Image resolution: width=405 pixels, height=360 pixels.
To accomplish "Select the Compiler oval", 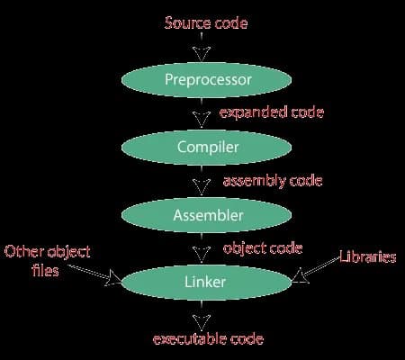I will [x=202, y=147].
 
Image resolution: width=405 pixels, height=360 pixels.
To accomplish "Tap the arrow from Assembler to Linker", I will [x=202, y=249].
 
